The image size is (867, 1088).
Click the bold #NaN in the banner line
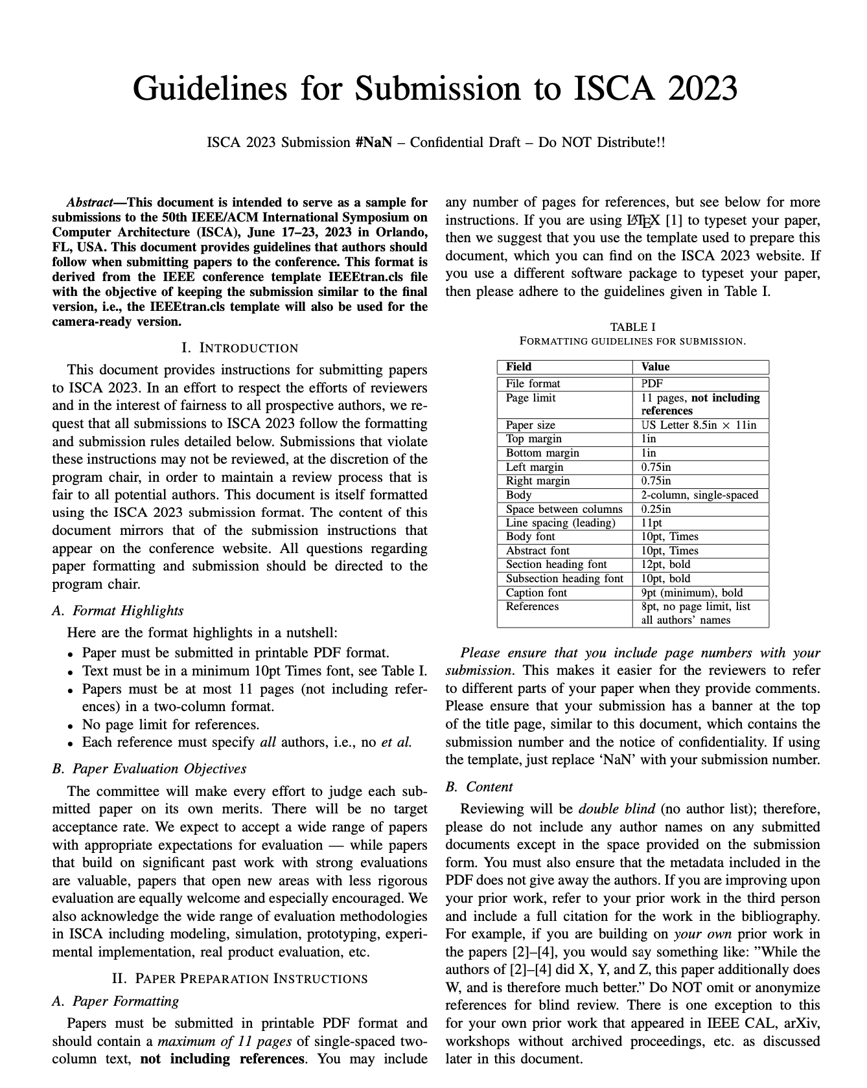374,142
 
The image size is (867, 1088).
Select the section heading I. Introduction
240,348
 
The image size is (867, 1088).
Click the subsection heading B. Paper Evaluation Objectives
149,769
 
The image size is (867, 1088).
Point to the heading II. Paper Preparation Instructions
240,978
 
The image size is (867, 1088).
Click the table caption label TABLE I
632,327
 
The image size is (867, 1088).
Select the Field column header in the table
518,367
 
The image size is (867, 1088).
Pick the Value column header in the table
655,367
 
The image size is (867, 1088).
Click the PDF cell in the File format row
652,383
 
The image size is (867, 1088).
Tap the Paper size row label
530,425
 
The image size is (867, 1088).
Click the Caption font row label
536,593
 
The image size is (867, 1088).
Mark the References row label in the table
532,606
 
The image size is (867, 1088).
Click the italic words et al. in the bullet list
396,742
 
